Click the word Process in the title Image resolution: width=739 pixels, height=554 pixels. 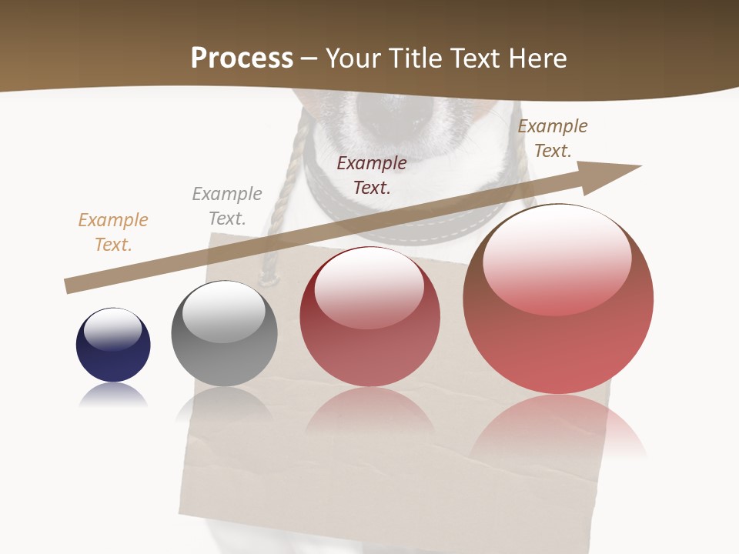click(x=242, y=58)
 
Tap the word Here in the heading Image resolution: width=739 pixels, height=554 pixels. click(x=537, y=58)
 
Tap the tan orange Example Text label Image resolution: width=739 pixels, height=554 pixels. click(x=113, y=232)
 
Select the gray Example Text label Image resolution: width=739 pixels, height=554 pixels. click(x=227, y=205)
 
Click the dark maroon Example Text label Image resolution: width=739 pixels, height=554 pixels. click(x=372, y=175)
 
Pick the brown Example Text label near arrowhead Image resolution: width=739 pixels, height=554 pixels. click(x=552, y=138)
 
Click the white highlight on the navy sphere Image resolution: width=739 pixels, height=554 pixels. click(x=112, y=329)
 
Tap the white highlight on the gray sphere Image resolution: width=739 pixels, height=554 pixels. click(x=223, y=312)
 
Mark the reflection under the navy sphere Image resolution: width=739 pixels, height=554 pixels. click(x=113, y=394)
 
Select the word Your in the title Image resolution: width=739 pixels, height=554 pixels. click(x=351, y=58)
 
